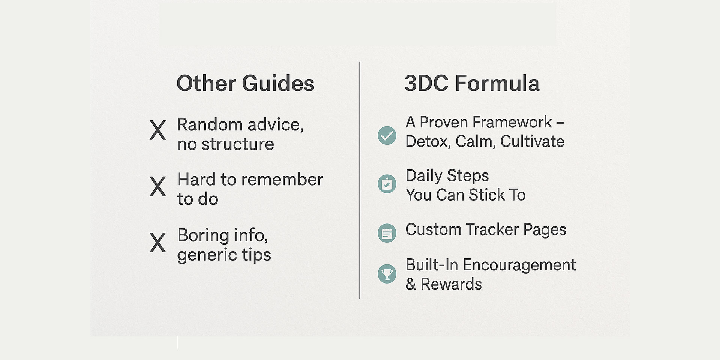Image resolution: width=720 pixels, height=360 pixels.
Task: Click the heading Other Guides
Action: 245,83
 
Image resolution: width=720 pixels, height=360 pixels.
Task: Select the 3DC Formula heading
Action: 472,83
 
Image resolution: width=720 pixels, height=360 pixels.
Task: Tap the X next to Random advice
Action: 157,130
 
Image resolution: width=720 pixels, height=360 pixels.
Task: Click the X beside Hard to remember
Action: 157,186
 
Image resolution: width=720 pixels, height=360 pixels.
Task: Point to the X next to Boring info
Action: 157,243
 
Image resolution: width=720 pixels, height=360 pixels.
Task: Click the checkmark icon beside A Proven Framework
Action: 387,135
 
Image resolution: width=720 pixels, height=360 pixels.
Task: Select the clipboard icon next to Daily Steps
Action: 387,184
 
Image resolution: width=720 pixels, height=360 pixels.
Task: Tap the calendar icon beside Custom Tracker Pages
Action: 387,233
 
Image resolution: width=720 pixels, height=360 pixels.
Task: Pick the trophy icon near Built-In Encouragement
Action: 387,273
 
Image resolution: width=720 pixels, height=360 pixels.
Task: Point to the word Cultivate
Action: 532,141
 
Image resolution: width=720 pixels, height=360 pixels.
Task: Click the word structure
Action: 238,144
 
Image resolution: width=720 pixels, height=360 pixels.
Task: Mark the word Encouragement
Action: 519,265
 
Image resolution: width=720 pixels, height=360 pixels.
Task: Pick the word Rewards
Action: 451,284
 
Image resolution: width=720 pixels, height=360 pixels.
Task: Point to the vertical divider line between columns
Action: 360,180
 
